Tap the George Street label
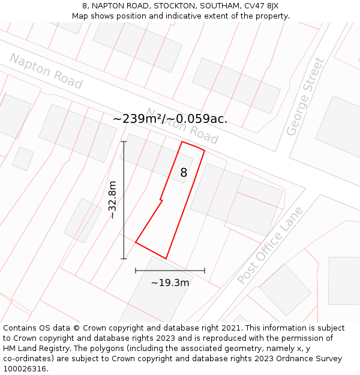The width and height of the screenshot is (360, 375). (x=305, y=96)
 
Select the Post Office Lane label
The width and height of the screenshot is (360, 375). (x=271, y=246)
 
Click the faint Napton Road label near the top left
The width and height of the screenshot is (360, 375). (x=46, y=71)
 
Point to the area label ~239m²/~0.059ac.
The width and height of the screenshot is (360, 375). (x=170, y=119)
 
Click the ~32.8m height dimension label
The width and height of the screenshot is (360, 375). (x=112, y=200)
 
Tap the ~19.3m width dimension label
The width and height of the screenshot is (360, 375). (x=170, y=283)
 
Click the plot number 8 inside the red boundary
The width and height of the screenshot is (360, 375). (x=184, y=173)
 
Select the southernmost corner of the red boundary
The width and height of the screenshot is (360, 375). (x=166, y=259)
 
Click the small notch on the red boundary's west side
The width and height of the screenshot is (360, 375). (x=161, y=200)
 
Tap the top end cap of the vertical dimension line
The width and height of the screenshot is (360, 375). (x=124, y=142)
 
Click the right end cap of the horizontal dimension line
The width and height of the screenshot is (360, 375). (x=205, y=271)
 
